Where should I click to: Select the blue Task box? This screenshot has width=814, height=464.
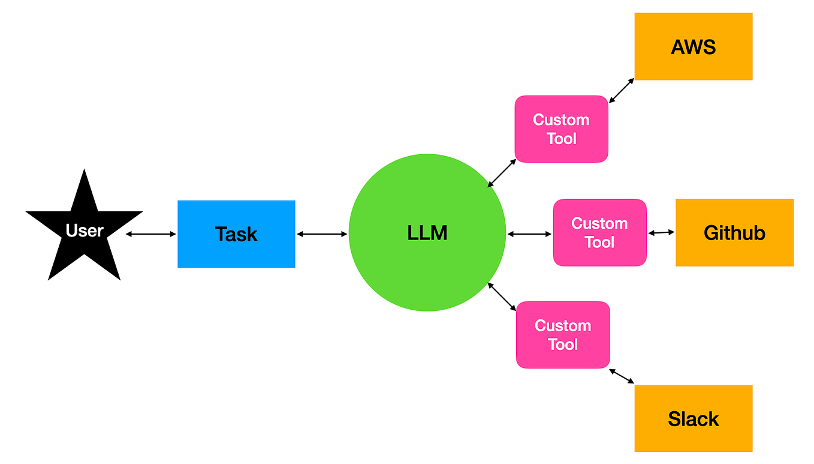pyautogui.click(x=236, y=234)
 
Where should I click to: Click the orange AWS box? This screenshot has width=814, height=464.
pyautogui.click(x=693, y=47)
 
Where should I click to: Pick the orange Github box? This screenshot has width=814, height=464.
pyautogui.click(x=734, y=233)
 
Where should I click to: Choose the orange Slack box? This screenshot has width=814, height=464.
pyautogui.click(x=693, y=418)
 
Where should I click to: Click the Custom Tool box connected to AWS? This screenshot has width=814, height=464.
pyautogui.click(x=561, y=129)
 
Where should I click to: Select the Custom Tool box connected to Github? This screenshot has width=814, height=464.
pyautogui.click(x=599, y=233)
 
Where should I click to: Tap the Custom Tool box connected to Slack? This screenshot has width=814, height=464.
pyautogui.click(x=563, y=335)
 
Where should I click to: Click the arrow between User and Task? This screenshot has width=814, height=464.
pyautogui.click(x=151, y=234)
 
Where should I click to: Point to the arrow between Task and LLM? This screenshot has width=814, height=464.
pyautogui.click(x=322, y=234)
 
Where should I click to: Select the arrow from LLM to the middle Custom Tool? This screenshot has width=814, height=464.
pyautogui.click(x=529, y=234)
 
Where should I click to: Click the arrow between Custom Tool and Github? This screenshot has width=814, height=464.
pyautogui.click(x=661, y=233)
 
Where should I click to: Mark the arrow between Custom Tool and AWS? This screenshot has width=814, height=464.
pyautogui.click(x=622, y=90)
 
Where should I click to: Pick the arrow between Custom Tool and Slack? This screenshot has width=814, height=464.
pyautogui.click(x=622, y=376)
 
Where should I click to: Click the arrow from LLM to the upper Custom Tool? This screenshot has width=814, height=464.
pyautogui.click(x=502, y=173)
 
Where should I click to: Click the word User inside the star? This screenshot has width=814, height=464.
pyautogui.click(x=85, y=230)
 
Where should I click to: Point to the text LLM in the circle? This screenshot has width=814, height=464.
pyautogui.click(x=427, y=233)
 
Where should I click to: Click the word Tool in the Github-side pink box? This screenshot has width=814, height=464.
pyautogui.click(x=599, y=243)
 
